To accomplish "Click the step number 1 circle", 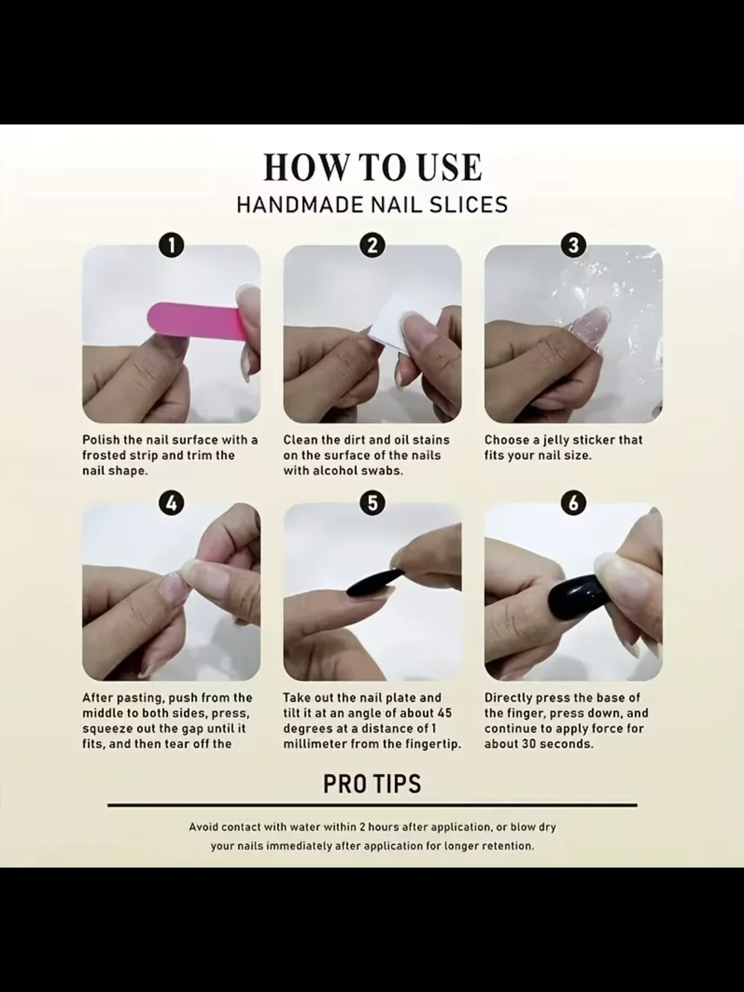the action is pos(171,246).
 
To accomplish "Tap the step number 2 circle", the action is pos(372,246).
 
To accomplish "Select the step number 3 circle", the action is pos(573,246).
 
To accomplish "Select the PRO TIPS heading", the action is pos(372,784).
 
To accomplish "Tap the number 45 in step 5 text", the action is pos(444,713).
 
